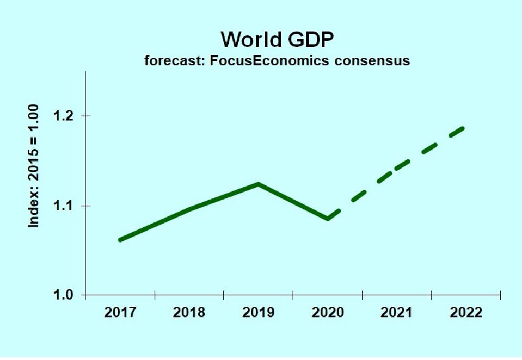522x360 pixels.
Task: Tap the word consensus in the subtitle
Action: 372,60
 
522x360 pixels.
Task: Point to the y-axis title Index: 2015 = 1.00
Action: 34,165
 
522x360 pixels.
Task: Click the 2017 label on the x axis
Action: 120,313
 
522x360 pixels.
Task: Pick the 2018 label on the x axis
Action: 189,313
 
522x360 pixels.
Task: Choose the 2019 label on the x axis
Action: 259,313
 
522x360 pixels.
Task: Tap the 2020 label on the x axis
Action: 328,313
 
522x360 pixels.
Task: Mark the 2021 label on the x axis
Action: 397,313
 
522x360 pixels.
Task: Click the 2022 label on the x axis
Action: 466,313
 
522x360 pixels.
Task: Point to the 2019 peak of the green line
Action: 259,184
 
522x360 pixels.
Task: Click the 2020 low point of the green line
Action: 328,219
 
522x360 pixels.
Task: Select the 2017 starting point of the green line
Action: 120,240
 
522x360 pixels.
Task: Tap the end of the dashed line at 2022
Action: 463,128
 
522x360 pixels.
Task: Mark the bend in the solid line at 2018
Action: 189,209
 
